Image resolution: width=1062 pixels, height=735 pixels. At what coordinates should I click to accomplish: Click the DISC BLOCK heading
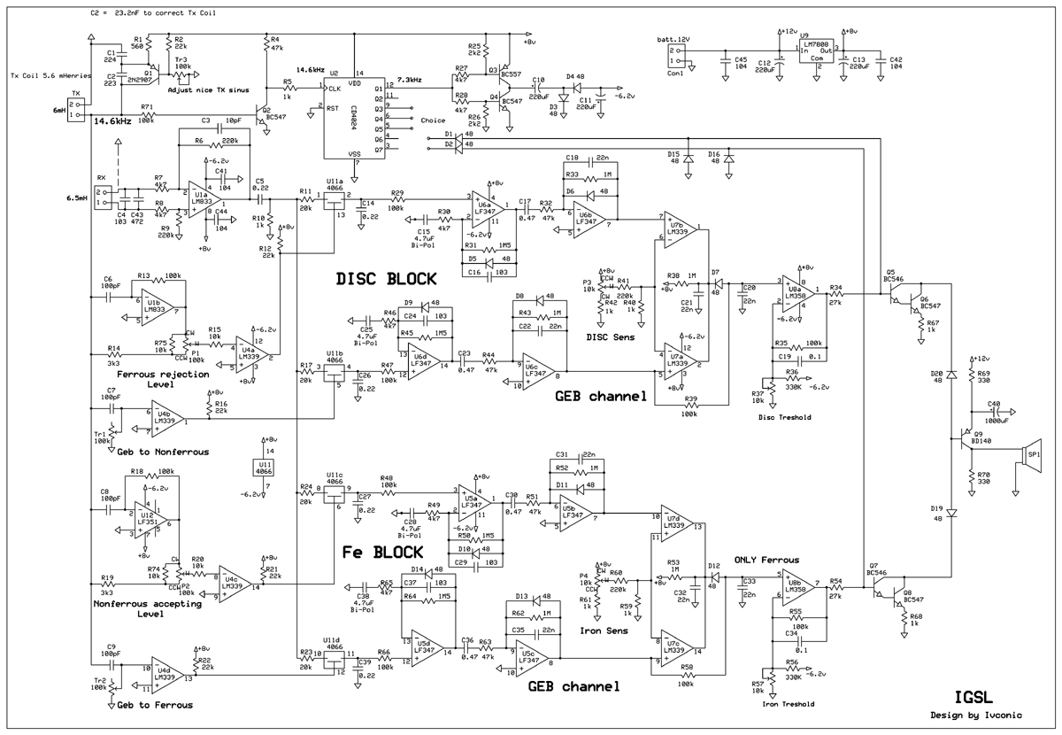click(x=386, y=278)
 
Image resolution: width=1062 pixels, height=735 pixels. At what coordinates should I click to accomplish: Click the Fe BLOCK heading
click(x=383, y=552)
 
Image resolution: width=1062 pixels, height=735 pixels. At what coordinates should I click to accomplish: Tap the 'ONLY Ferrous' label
click(x=766, y=561)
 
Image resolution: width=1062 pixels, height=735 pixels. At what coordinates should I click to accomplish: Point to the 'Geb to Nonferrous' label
click(x=163, y=452)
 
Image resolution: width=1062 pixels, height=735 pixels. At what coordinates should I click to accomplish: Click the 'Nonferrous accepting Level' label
click(x=140, y=609)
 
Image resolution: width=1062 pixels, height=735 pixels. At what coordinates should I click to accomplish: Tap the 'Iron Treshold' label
click(x=791, y=704)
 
